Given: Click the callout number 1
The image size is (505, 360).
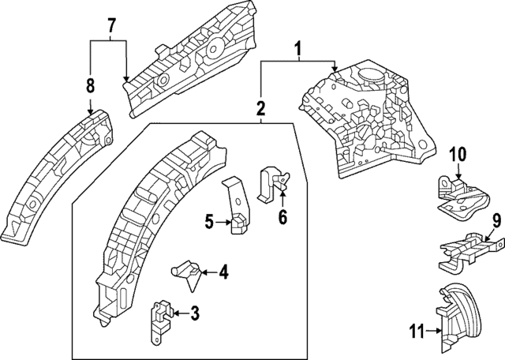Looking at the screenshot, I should point(297,51).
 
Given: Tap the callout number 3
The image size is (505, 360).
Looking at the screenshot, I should point(194,314).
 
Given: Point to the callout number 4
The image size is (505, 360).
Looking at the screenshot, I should point(223,273).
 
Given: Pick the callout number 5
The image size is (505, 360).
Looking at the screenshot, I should point(208,223).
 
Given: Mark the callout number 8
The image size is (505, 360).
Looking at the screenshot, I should point(90,85).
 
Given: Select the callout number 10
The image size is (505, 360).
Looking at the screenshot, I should point(458,154).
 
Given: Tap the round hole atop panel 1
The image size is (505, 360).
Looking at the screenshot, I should point(368,76).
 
